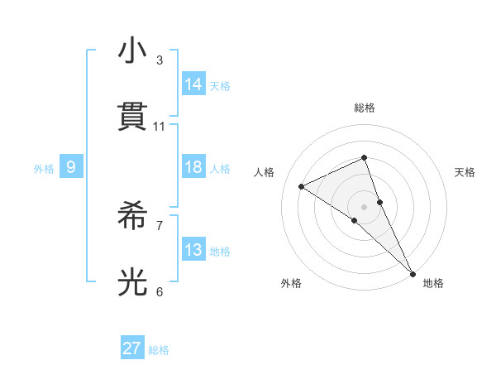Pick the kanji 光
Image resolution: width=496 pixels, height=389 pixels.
[x=133, y=281]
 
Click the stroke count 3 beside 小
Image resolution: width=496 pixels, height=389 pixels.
[x=160, y=60]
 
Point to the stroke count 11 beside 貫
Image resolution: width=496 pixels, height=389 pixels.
[x=160, y=127]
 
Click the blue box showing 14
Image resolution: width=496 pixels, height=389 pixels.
[x=193, y=84]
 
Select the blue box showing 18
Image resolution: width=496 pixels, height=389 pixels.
[x=193, y=167]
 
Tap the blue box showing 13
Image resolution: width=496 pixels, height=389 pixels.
[x=193, y=250]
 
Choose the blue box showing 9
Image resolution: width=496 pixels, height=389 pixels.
[x=71, y=167]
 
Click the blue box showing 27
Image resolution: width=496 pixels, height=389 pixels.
[x=132, y=348]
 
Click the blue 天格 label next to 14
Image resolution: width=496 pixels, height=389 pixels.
[x=220, y=86]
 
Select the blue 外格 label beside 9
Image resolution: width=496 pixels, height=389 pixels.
[x=44, y=169]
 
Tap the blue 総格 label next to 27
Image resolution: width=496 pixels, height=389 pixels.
[x=159, y=350]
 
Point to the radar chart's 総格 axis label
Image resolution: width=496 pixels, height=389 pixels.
[x=364, y=108]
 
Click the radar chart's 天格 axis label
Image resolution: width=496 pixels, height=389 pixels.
[x=465, y=172]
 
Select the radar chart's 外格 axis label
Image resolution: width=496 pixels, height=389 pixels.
[x=291, y=284]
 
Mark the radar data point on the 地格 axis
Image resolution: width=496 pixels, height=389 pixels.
[x=413, y=272]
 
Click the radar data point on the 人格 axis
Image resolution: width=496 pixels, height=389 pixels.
[x=302, y=186]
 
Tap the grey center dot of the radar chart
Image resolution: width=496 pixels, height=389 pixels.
[x=364, y=206]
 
